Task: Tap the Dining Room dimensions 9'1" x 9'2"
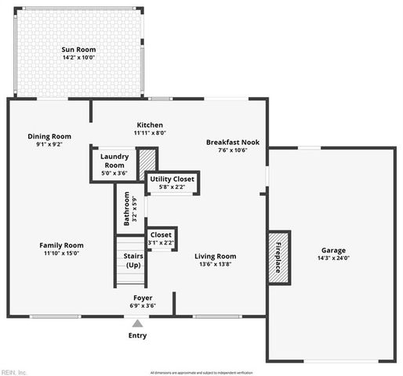[49, 145]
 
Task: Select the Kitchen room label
[149, 125]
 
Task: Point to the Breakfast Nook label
[232, 143]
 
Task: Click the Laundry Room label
[114, 161]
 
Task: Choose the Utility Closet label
[172, 179]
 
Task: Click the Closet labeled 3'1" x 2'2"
[161, 235]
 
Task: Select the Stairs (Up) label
[133, 261]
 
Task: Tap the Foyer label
[143, 298]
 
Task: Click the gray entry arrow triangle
[137, 323]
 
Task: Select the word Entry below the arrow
[137, 336]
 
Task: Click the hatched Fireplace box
[279, 256]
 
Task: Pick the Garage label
[333, 251]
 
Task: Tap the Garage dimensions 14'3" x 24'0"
[333, 258]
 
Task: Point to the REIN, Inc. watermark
[14, 372]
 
